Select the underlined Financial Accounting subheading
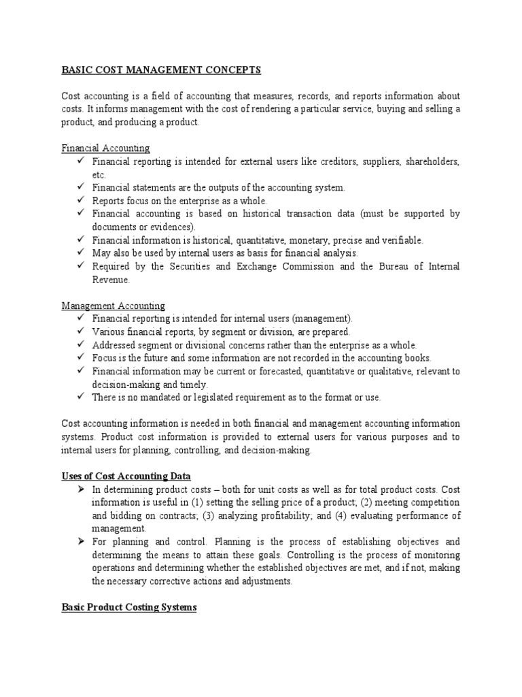(x=105, y=148)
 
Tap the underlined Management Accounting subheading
(x=113, y=306)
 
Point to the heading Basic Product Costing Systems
(x=128, y=606)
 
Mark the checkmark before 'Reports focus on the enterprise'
(x=81, y=201)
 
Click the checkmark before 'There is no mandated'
(x=81, y=397)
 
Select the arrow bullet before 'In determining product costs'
(x=81, y=489)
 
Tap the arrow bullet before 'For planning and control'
(x=81, y=542)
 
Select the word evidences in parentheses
(x=171, y=227)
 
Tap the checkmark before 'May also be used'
(x=81, y=253)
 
